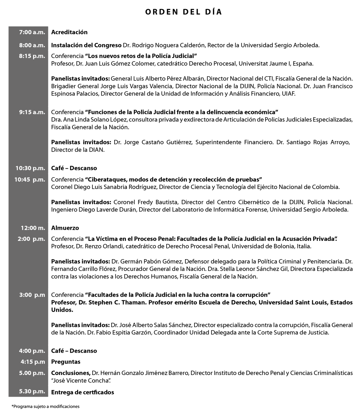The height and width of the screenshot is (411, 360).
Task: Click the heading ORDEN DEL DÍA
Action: click(x=183, y=12)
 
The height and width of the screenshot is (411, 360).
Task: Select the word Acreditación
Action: click(x=69, y=32)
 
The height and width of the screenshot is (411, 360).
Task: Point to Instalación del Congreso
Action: click(x=86, y=45)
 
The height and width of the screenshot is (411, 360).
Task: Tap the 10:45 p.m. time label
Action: click(x=30, y=180)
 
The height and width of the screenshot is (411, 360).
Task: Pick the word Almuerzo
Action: click(x=65, y=228)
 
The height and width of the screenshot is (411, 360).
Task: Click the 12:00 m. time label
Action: click(x=33, y=228)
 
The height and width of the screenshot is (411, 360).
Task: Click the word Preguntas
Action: click(x=66, y=362)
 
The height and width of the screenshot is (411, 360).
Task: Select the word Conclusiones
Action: click(x=70, y=373)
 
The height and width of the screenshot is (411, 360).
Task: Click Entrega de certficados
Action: click(x=82, y=392)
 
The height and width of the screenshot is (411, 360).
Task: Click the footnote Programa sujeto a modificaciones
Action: click(x=46, y=407)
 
